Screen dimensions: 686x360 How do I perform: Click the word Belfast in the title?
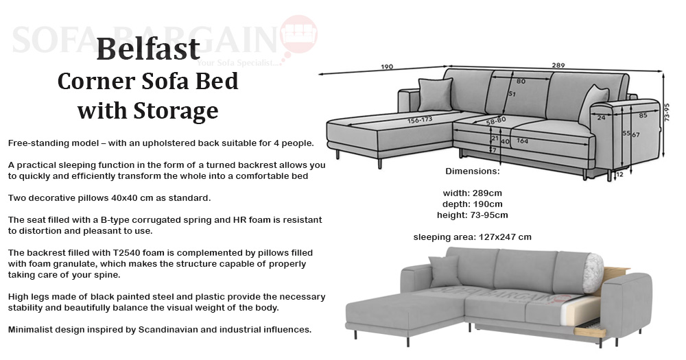pos(148,49)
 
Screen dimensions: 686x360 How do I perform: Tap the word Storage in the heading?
pos(176,111)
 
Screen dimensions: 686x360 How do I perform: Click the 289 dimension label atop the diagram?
pos(558,65)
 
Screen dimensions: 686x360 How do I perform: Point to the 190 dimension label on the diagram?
pos(387,67)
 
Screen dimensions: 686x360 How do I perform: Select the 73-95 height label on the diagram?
pos(667,112)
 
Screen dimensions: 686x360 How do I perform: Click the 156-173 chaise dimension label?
pos(420,120)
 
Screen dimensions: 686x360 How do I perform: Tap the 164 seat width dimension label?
pos(522,141)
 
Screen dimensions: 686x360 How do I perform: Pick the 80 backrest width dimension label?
pos(521,82)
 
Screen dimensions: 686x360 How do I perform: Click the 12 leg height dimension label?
pos(619,175)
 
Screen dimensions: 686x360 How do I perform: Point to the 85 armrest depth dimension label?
pos(643,115)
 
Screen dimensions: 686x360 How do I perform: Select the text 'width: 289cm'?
pos(473,193)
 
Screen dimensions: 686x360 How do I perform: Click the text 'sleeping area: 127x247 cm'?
pos(473,237)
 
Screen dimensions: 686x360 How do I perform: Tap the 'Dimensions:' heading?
pos(473,171)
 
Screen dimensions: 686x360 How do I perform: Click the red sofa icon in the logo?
pos(299,33)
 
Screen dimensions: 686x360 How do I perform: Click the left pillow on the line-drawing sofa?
pos(435,95)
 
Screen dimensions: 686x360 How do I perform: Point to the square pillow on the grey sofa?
pos(445,272)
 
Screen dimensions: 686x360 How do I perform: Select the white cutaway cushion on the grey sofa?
pos(593,273)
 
